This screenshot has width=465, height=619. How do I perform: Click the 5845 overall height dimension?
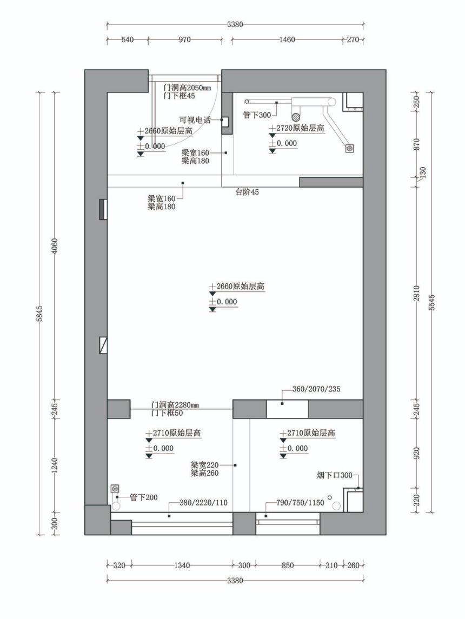[39, 314]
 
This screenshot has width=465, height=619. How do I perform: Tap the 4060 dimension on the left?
[55, 246]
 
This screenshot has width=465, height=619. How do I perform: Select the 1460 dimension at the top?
[287, 39]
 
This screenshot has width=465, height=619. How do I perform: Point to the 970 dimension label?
[184, 39]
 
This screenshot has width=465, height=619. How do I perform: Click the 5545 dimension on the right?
[431, 302]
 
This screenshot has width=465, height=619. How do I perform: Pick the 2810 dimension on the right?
[417, 294]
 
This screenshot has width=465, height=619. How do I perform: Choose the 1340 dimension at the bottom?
[182, 565]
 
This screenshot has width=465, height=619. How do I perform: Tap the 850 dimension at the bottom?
[287, 565]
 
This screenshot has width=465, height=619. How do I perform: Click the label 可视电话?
[195, 120]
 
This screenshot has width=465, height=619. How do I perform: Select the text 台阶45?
[247, 192]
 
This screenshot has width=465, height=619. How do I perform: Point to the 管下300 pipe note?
[257, 115]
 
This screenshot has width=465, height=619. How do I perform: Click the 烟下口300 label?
[334, 475]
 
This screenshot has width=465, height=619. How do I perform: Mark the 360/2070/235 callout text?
[316, 389]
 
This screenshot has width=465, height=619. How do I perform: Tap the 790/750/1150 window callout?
[300, 503]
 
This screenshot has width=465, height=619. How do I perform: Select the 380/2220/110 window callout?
[203, 503]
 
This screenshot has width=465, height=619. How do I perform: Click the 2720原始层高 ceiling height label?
[300, 128]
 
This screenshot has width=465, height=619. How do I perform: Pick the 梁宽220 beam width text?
[204, 465]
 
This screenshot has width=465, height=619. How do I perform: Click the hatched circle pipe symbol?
[296, 116]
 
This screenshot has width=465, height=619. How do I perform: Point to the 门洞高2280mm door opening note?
[175, 405]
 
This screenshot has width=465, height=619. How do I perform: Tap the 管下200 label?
[144, 497]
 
